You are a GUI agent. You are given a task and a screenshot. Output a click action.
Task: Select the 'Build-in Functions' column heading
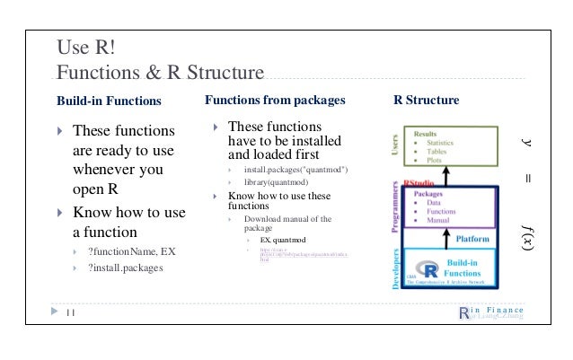[x=110, y=101]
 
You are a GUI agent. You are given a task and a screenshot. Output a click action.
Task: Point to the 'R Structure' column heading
[x=427, y=100]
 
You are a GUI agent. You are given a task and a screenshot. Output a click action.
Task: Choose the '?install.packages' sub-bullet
[x=125, y=265]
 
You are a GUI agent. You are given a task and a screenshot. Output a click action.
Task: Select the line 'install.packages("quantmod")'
[x=295, y=170]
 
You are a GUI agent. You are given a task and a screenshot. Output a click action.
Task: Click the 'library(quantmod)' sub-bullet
[x=282, y=182]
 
